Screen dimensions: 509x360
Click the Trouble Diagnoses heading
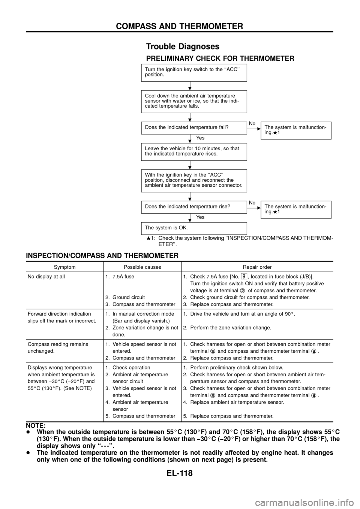(x=183, y=46)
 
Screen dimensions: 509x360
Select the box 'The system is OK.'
(x=194, y=228)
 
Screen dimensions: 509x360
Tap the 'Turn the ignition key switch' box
(x=194, y=72)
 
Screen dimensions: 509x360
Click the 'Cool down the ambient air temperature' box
(x=194, y=101)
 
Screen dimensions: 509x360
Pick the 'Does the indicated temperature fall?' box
(x=194, y=127)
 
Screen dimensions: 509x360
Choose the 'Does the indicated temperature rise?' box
(x=194, y=206)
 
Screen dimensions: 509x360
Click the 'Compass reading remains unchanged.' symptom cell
(x=58, y=347)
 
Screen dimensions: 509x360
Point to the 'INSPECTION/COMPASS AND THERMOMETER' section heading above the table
(x=102, y=256)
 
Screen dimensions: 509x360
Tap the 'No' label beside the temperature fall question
(x=252, y=123)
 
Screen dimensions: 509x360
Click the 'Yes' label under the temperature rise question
(x=200, y=217)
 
